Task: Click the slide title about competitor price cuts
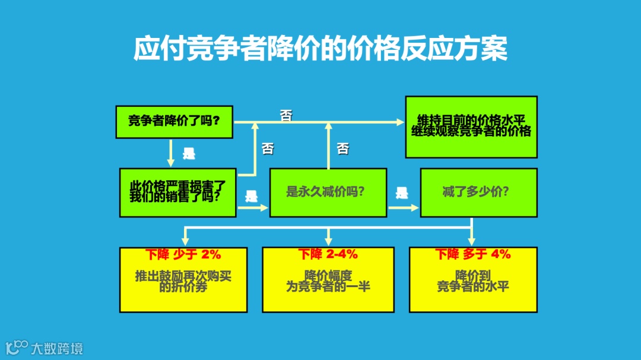point(320,49)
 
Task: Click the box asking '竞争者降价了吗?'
point(174,122)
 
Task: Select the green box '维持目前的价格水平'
point(471,126)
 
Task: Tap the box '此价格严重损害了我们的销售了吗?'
point(177,192)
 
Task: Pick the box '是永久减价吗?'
point(328,192)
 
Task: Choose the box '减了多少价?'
point(478,192)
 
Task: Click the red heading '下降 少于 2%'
point(183,254)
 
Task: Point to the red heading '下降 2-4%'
point(328,254)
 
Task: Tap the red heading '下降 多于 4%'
point(473,254)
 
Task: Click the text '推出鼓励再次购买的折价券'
point(183,281)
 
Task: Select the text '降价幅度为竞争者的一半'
point(328,281)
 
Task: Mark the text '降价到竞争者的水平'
point(473,281)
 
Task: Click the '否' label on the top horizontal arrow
point(286,116)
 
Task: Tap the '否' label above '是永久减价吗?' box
point(343,148)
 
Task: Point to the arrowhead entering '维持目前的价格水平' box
point(400,122)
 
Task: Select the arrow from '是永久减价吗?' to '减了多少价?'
point(404,208)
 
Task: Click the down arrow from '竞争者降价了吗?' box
point(171,153)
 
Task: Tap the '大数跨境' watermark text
point(57,348)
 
